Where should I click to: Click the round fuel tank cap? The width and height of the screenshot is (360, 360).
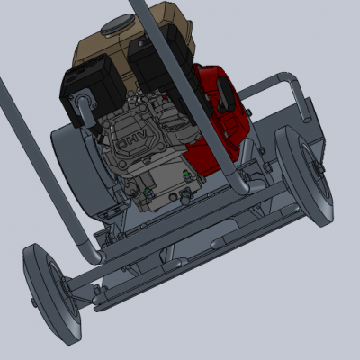point(117,24)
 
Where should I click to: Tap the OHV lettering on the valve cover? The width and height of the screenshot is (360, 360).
point(131,140)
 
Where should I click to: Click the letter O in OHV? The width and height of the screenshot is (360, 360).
point(121,145)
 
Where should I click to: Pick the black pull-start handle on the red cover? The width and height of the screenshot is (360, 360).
point(226,92)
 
